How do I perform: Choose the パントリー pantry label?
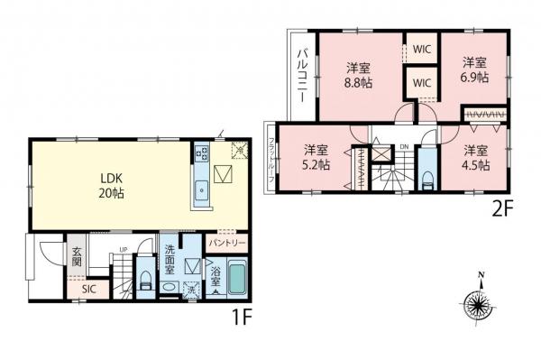coord(225,244)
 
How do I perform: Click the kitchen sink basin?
coord(200,189)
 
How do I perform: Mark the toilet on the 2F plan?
coord(426,170)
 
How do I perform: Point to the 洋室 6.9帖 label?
coord(476,69)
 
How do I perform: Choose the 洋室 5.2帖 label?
coord(316,157)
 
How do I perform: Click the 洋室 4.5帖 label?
coord(476,157)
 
